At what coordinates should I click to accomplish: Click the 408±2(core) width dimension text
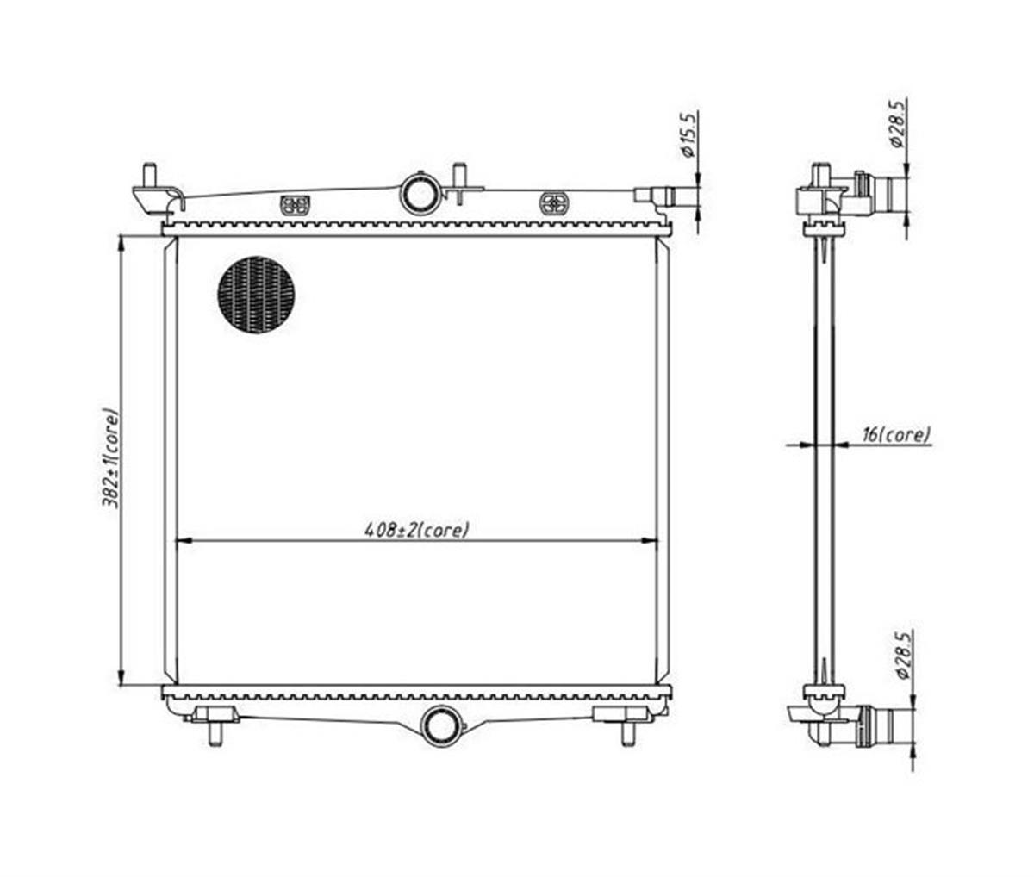pos(417,529)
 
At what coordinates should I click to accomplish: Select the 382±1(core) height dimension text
pos(110,459)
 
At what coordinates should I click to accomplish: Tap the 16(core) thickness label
pos(896,434)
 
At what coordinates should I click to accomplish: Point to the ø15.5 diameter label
pos(688,135)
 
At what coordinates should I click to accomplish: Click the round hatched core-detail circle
pos(256,295)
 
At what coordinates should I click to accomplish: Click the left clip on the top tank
pos(296,205)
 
